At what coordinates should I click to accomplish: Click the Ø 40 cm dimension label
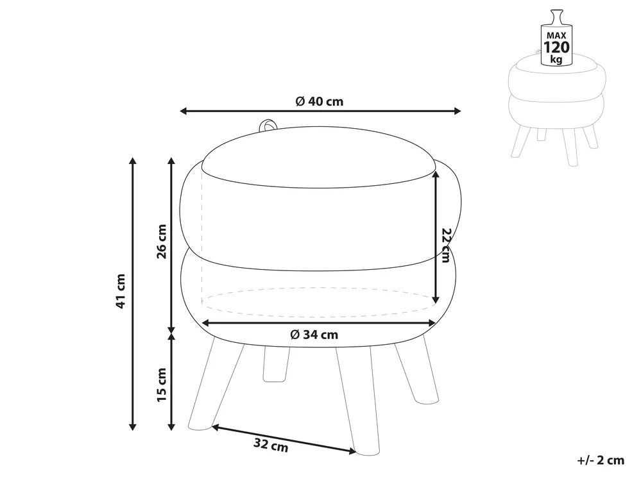point(320,101)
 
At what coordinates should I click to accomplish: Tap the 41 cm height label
point(121,291)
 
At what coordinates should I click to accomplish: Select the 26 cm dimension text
point(162,241)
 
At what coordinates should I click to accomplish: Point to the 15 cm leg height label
point(162,385)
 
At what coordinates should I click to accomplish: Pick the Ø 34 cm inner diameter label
point(314,335)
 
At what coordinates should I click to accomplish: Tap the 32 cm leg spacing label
point(271,445)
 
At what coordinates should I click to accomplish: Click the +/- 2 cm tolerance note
point(601,460)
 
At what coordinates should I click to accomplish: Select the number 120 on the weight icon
point(556,47)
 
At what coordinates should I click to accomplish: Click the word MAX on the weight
point(556,36)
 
